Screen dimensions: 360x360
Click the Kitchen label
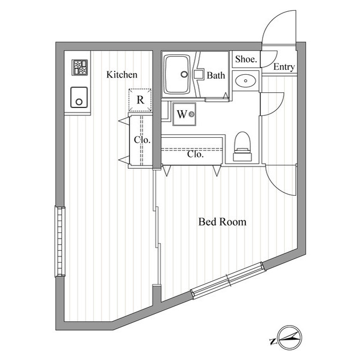pyautogui.click(x=122, y=75)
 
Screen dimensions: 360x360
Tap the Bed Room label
pyautogui.click(x=222, y=222)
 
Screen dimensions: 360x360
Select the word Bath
pyautogui.click(x=216, y=75)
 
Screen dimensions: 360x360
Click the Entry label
pyautogui.click(x=284, y=67)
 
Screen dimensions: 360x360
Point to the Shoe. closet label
pyautogui.click(x=246, y=59)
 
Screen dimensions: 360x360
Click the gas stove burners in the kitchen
pyautogui.click(x=80, y=67)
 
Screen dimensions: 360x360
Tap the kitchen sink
pyautogui.click(x=79, y=97)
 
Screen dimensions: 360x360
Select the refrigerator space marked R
pyautogui.click(x=140, y=100)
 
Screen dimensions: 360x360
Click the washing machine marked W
pyautogui.click(x=184, y=114)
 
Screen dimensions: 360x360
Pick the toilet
pyautogui.click(x=242, y=146)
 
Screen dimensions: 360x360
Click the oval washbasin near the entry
pyautogui.click(x=246, y=80)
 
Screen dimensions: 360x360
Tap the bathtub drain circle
pyautogui.click(x=184, y=74)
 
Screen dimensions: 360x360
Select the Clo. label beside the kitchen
pyautogui.click(x=142, y=139)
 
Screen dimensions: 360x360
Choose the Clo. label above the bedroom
pyautogui.click(x=195, y=154)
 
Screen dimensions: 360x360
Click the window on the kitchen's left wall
pyautogui.click(x=60, y=241)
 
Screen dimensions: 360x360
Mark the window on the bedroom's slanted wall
pyautogui.click(x=228, y=281)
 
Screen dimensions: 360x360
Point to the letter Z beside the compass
pyautogui.click(x=273, y=341)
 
